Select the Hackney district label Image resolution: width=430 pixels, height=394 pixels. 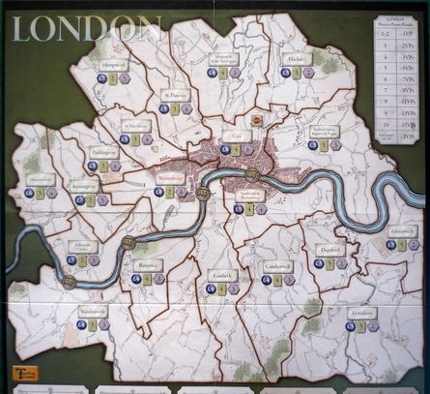pos(297,58)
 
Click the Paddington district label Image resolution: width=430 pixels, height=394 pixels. pos(105,152)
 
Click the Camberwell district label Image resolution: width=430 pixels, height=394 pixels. pos(276,265)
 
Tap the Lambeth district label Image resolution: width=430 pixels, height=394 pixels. pos(222,275)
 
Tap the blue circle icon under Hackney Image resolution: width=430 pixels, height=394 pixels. pos(284,73)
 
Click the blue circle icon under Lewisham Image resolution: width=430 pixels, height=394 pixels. pos(349,326)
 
